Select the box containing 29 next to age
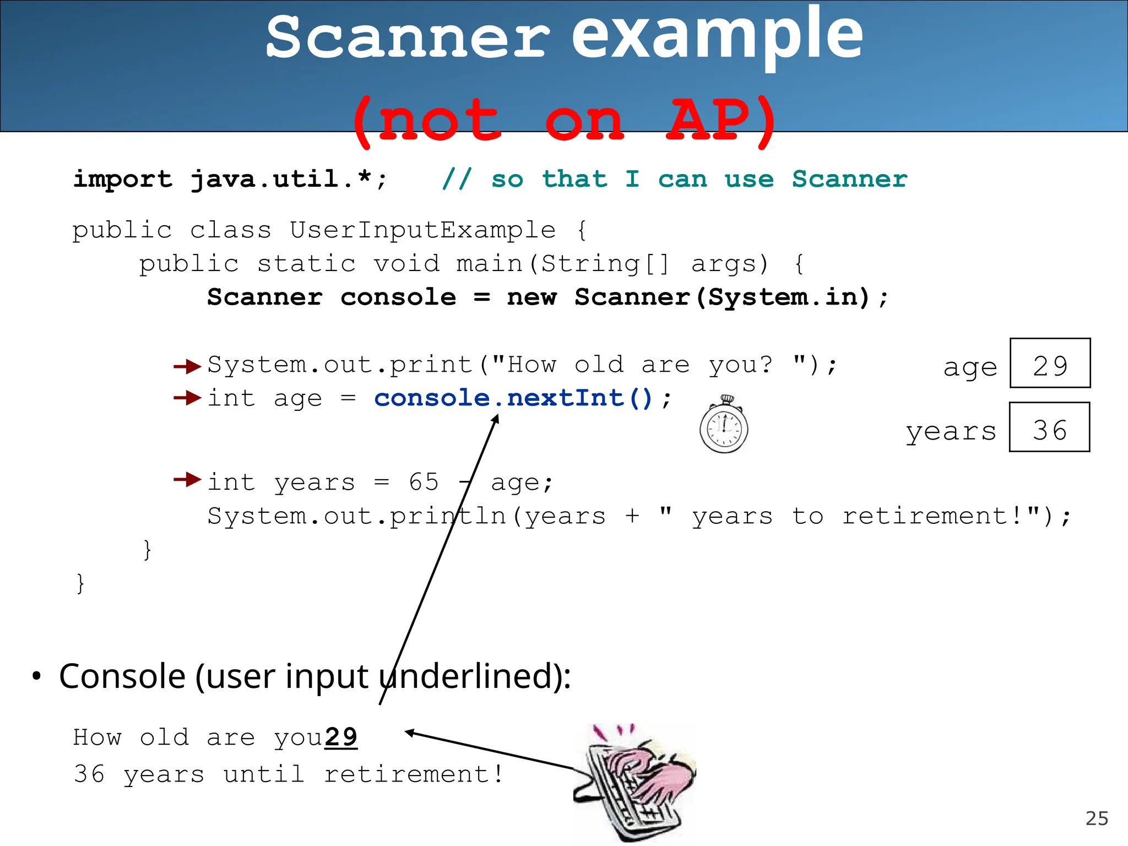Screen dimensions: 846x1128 [1050, 364]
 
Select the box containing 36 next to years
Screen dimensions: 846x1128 [1049, 427]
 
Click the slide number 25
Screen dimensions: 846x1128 [1096, 818]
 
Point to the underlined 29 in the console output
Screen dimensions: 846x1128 [341, 737]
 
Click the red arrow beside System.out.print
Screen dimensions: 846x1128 [187, 366]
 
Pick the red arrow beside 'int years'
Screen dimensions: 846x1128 [187, 480]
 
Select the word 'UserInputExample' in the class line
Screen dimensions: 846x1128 [422, 230]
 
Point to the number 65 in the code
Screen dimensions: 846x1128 [424, 482]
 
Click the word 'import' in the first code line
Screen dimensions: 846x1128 [123, 180]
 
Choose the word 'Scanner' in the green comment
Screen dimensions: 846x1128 [849, 180]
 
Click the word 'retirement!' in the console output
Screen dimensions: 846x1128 [414, 774]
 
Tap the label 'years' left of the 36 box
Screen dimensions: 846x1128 [951, 431]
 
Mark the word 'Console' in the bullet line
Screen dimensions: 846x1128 [122, 676]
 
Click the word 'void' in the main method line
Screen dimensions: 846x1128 [406, 264]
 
